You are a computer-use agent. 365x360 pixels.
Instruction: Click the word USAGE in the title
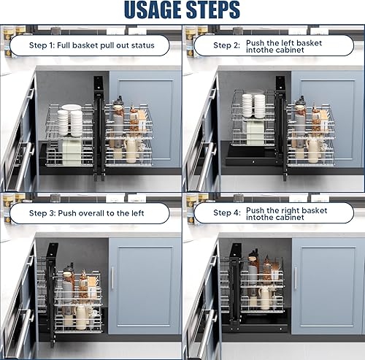(153, 9)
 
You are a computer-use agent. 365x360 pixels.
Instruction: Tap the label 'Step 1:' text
(42, 45)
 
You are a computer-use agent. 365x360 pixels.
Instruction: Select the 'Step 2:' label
(226, 45)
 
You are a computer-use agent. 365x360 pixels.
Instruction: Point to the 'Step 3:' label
(42, 213)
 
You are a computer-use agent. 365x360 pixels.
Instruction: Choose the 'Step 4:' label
(227, 212)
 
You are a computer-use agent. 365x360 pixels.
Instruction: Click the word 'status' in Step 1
(143, 45)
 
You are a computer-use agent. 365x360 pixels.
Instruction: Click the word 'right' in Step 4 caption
(290, 210)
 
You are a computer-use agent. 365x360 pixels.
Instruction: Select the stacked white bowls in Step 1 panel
(70, 123)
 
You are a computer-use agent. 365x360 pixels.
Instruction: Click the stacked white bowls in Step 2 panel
(253, 106)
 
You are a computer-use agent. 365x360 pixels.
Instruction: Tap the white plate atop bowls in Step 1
(72, 107)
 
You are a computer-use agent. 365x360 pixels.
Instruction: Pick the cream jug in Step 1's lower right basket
(131, 151)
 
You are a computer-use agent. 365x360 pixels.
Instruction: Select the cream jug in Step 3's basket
(80, 318)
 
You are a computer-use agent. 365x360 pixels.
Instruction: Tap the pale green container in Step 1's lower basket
(72, 152)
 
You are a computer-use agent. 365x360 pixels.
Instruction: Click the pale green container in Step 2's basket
(255, 132)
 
